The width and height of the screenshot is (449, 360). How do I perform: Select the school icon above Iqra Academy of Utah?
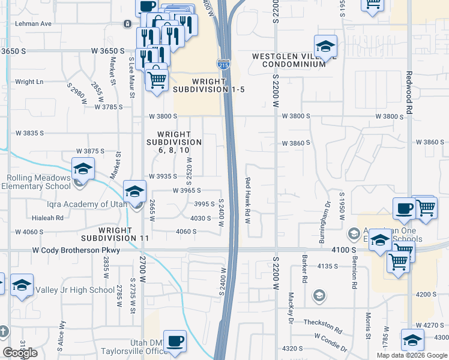tap(134, 192)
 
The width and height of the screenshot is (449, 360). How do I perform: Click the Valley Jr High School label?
tap(74, 290)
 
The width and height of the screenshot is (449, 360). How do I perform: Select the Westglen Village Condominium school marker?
tap(325, 46)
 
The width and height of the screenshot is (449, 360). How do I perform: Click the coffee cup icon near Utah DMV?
tap(175, 341)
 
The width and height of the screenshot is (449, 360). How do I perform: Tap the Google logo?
tap(20, 353)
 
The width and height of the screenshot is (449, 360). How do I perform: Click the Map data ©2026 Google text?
tap(411, 355)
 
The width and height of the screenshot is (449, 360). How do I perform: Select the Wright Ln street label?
tap(29, 82)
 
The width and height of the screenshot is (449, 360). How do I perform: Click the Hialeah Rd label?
tap(51, 218)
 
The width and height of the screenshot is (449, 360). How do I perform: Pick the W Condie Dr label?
tap(330, 343)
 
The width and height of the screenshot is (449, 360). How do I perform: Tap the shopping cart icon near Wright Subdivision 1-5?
tap(157, 78)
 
